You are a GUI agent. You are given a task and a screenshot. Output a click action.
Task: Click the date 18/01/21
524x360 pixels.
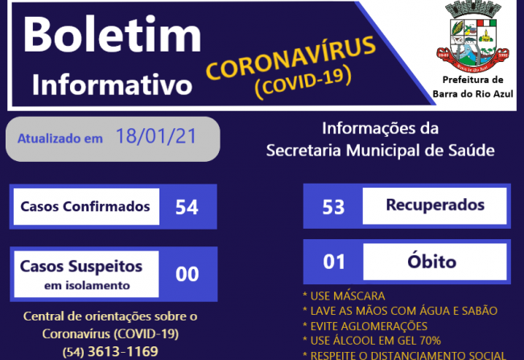click(x=156, y=136)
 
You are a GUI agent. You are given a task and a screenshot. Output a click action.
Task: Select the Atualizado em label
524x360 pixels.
click(x=60, y=138)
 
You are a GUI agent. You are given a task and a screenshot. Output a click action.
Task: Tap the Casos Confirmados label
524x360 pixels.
click(x=85, y=207)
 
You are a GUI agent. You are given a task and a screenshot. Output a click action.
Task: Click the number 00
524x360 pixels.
click(x=187, y=274)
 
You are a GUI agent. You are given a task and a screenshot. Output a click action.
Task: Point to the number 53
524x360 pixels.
click(x=333, y=206)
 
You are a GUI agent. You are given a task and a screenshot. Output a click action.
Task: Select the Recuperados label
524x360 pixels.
click(x=435, y=205)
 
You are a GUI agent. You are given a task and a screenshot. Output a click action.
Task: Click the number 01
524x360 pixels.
click(x=333, y=262)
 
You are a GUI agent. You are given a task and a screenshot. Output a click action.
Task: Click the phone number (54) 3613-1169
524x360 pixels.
click(x=109, y=351)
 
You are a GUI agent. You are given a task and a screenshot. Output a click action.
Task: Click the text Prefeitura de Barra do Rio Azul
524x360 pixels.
click(x=473, y=86)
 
